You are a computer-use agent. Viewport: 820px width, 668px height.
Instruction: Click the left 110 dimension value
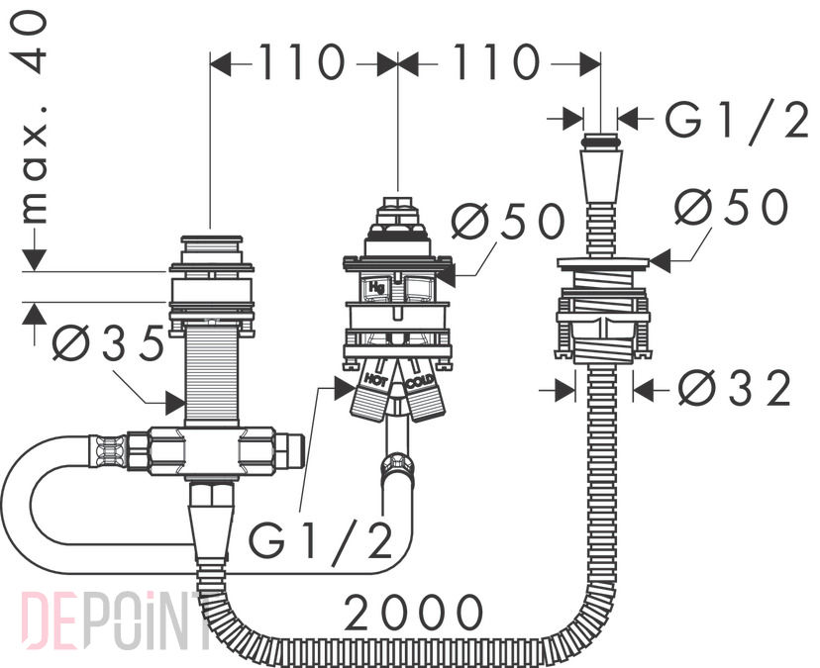tap(302, 62)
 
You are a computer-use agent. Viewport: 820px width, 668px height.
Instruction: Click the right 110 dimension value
tap(495, 62)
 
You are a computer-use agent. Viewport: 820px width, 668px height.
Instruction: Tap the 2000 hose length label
tap(413, 612)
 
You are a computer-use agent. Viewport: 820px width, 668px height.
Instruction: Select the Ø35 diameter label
tap(108, 342)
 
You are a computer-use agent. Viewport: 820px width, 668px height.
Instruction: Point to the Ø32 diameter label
tap(734, 388)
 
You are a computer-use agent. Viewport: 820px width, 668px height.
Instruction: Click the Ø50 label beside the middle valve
tap(508, 221)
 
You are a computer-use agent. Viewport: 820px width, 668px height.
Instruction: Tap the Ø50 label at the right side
tap(731, 206)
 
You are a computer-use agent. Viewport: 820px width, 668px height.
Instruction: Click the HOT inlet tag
tap(375, 379)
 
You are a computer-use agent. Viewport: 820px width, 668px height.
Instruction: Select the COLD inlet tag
tap(421, 382)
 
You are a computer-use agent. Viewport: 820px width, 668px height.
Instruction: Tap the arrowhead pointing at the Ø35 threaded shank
tap(175, 403)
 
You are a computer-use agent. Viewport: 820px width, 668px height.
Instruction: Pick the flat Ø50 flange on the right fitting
tap(602, 263)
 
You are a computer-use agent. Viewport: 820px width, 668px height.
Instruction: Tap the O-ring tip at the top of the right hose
tap(601, 142)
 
